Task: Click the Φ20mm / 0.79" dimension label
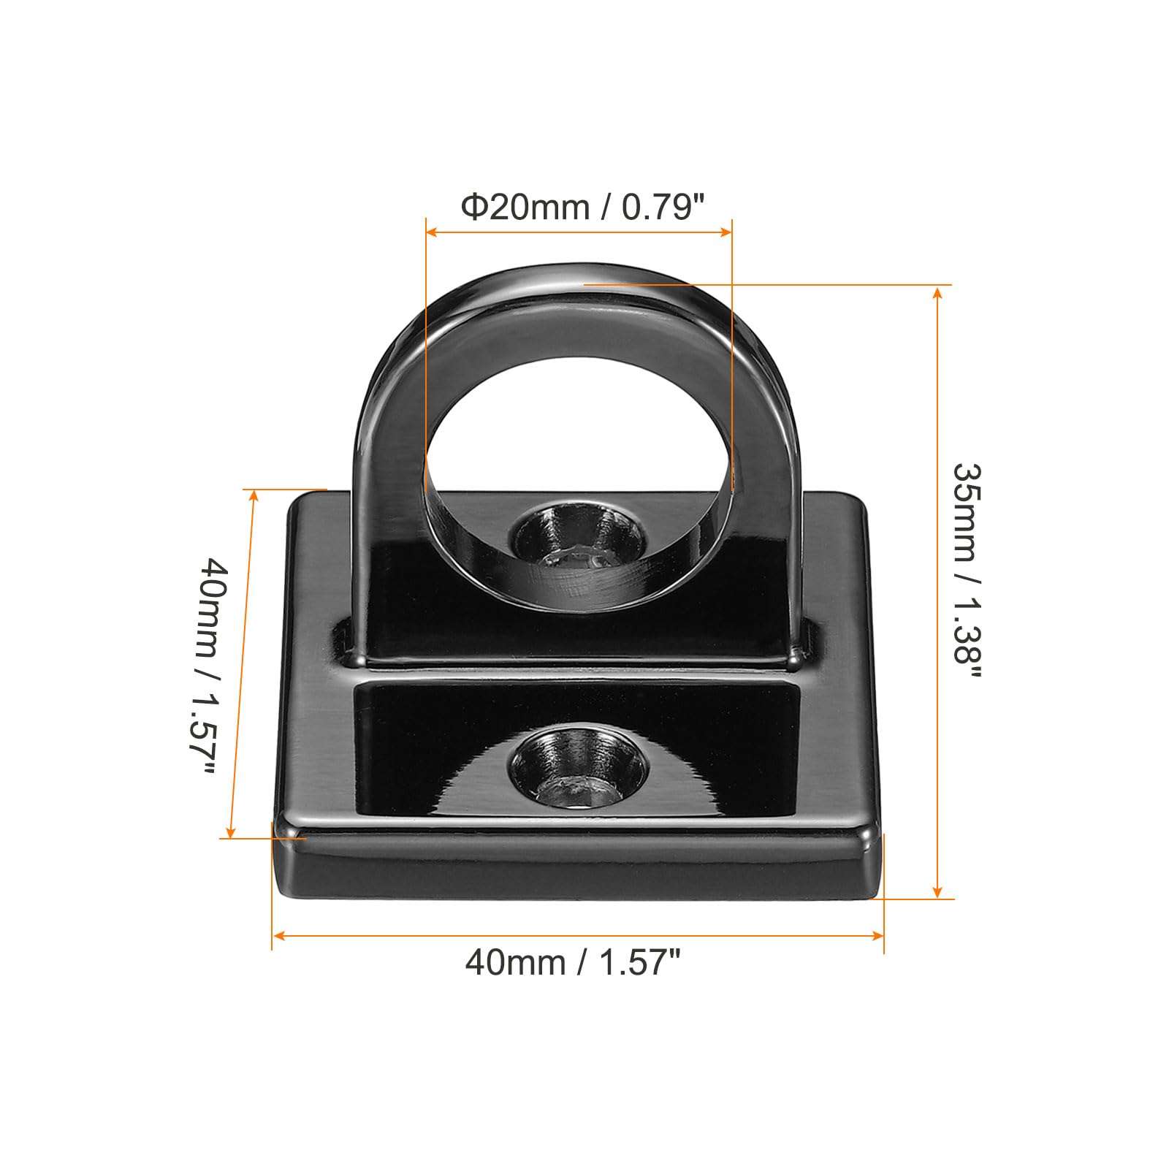[582, 207]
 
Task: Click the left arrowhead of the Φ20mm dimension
[431, 232]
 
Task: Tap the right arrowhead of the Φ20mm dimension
[726, 232]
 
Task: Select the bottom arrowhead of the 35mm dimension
[938, 891]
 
